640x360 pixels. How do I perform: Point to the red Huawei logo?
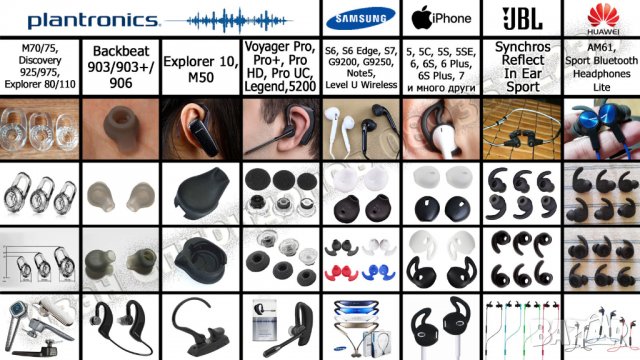(x=601, y=14)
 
